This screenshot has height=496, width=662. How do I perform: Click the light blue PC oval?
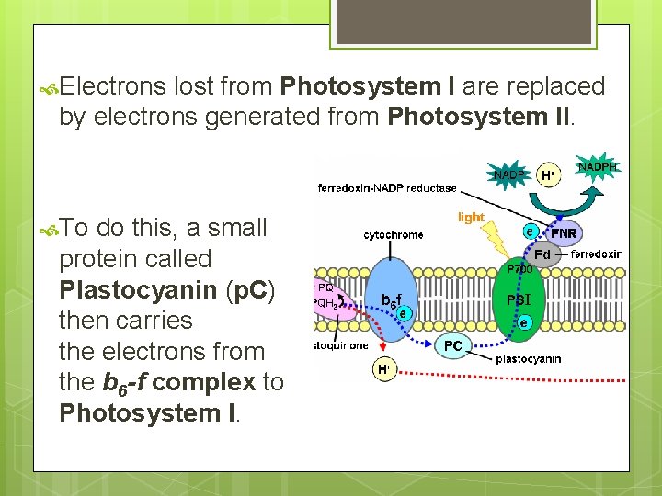coord(453,346)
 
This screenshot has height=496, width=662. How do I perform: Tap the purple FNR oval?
coord(563,234)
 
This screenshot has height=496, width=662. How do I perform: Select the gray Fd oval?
coord(542,254)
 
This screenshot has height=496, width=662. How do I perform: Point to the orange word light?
coord(471,218)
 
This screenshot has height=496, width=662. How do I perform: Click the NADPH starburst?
coord(598,166)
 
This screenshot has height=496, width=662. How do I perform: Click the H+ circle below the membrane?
coord(383,369)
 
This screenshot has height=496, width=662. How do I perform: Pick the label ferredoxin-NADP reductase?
coord(387,188)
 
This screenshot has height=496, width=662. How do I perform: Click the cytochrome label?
coord(394,235)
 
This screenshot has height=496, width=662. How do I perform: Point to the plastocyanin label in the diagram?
coord(528,359)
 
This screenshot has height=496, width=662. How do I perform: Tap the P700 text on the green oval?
coord(519,270)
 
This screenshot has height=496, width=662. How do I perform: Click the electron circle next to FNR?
coord(531,231)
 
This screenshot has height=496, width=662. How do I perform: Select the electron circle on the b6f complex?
coord(404,313)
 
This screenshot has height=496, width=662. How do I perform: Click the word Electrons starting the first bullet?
coord(114,86)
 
